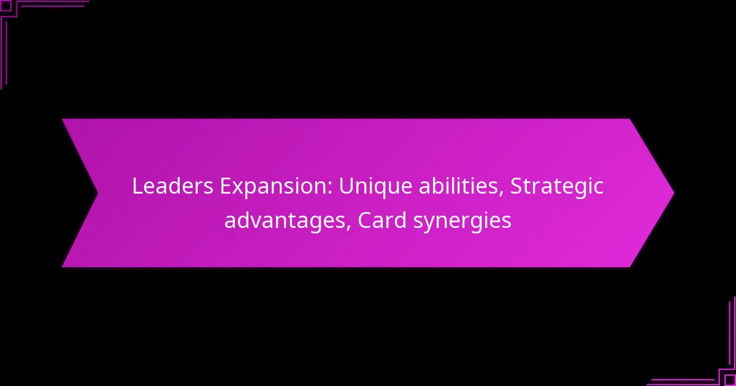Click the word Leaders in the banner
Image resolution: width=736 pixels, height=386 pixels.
click(173, 186)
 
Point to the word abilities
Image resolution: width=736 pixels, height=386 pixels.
click(459, 186)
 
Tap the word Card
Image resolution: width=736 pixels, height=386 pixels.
click(382, 220)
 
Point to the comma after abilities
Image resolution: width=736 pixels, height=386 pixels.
click(502, 194)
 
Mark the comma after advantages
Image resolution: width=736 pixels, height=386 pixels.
click(348, 228)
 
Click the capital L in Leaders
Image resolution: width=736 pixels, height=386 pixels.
click(137, 186)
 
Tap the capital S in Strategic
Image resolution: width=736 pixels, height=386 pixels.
click(516, 186)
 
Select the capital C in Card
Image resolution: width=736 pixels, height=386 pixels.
click(365, 220)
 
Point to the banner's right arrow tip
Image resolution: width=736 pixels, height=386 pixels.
click(674, 193)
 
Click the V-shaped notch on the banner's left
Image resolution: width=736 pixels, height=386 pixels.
click(98, 193)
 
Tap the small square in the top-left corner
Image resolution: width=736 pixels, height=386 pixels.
click(6, 6)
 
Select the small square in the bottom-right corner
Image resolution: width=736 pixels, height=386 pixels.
click(730, 380)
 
